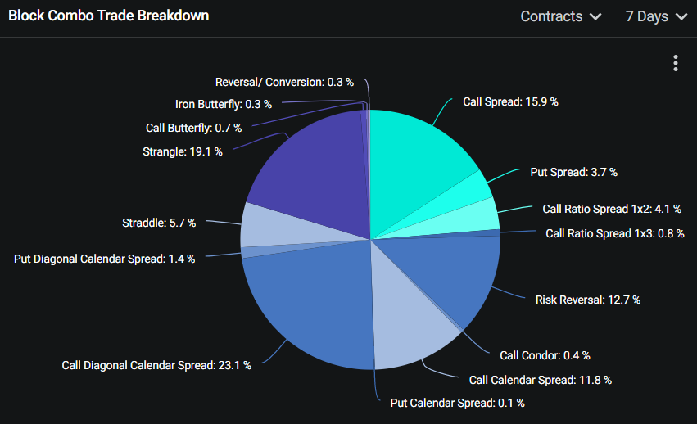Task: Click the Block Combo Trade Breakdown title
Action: pos(108,16)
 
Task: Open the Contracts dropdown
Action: pos(561,16)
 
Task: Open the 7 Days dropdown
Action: pos(656,16)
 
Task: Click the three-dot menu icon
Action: pos(676,63)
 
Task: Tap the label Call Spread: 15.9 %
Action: pos(510,101)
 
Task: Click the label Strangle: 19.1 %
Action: pos(182,151)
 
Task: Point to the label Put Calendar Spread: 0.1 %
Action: pos(457,403)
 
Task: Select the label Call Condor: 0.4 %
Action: pos(545,355)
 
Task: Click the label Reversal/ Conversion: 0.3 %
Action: pos(284,82)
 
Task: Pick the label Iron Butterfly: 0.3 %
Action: pos(223,104)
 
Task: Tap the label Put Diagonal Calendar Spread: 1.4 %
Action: pos(104,259)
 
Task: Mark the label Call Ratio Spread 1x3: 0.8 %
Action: pos(613,233)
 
